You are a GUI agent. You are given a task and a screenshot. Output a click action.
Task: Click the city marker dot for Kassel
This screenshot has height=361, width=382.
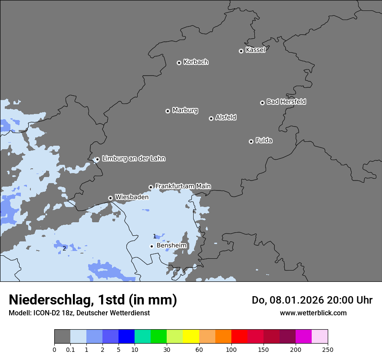(x=241, y=51)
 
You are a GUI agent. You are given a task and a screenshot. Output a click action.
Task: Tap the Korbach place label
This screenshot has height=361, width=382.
(x=196, y=62)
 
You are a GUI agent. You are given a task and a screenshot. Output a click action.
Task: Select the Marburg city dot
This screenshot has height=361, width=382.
(x=168, y=111)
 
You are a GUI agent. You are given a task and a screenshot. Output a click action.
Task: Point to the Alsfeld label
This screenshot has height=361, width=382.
(x=226, y=117)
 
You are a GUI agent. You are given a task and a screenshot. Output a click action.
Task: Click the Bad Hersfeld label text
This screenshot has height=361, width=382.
(x=286, y=102)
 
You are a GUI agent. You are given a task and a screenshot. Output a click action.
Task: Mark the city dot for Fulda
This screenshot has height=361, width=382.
(x=251, y=141)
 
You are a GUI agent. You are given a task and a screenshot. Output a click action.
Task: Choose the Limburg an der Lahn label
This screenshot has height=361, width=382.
(x=133, y=159)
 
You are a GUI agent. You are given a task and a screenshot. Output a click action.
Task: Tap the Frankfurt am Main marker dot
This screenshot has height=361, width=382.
(x=151, y=187)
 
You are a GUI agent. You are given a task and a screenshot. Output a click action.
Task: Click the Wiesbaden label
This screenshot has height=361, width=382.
(x=132, y=197)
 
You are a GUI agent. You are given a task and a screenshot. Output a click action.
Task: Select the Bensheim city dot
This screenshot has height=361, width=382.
(x=151, y=246)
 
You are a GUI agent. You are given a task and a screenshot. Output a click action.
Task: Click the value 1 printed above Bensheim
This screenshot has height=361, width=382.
(x=155, y=236)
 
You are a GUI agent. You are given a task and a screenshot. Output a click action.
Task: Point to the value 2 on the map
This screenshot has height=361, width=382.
(x=64, y=248)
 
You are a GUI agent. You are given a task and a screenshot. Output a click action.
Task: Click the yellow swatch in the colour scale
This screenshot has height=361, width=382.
(x=191, y=337)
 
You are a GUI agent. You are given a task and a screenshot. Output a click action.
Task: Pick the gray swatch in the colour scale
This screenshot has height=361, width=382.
(x=62, y=337)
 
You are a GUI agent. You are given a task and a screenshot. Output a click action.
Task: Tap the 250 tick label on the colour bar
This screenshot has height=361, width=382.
(x=328, y=349)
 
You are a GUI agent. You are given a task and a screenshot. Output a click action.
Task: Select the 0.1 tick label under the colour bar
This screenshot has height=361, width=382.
(x=70, y=349)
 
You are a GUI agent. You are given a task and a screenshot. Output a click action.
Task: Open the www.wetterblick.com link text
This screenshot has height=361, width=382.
(x=313, y=313)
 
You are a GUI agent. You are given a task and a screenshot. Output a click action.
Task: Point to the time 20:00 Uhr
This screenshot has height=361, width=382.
(x=352, y=300)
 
